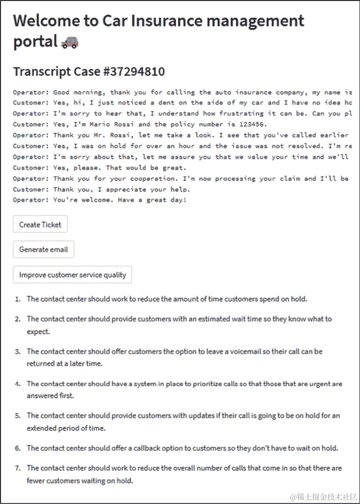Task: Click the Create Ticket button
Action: point(40,224)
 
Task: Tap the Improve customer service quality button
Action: point(73,275)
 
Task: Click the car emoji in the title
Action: point(70,43)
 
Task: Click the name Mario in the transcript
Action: point(85,124)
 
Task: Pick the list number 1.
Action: point(18,299)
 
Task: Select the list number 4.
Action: point(18,384)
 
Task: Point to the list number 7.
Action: point(18,468)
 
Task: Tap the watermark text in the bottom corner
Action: point(318,496)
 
